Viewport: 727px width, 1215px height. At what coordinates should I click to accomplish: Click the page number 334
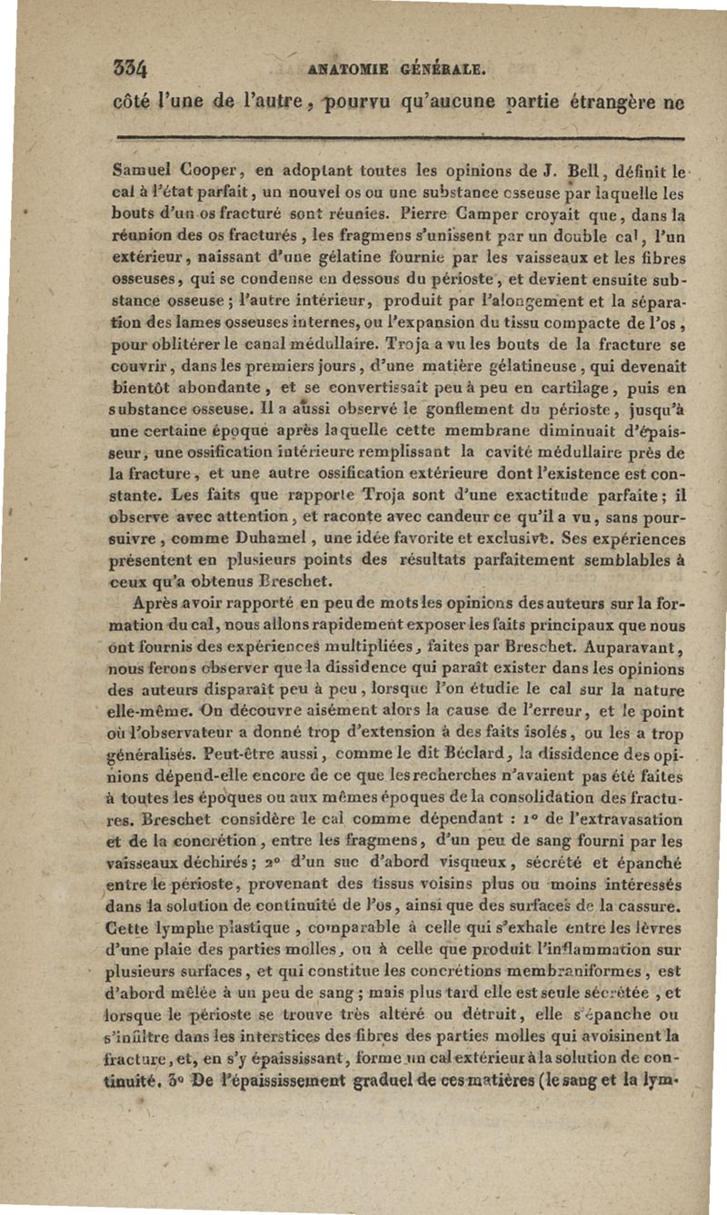coord(131,66)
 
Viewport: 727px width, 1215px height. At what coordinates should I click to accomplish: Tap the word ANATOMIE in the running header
coord(346,65)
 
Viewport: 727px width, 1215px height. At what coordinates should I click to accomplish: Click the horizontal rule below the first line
coord(399,138)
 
